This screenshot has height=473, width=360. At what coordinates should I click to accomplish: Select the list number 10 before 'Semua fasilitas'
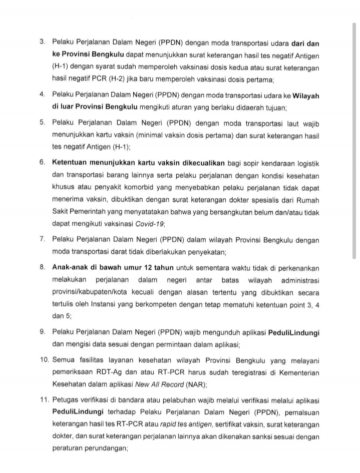click(x=44, y=361)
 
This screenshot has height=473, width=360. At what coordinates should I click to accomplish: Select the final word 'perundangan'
click(x=109, y=449)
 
